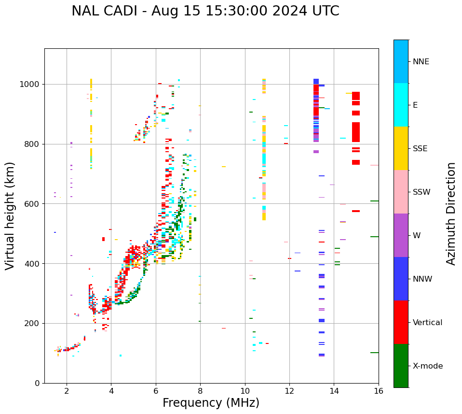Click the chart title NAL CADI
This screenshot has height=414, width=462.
[205, 11]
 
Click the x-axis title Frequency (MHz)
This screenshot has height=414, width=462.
[211, 403]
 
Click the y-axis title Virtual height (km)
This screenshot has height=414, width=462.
[10, 215]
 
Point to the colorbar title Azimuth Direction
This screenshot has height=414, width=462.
[451, 214]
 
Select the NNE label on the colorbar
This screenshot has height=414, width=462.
[421, 62]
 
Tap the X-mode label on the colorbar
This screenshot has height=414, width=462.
[427, 366]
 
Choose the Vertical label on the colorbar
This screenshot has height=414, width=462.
[427, 323]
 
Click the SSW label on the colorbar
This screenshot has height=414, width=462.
[421, 192]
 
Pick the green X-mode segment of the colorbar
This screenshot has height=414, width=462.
[401, 366]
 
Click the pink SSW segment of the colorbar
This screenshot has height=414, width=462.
[401, 192]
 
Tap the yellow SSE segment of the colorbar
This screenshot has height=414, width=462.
[401, 148]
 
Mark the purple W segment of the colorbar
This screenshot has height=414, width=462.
[401, 235]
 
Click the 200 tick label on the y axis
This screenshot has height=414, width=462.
[33, 323]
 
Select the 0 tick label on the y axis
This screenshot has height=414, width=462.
[37, 383]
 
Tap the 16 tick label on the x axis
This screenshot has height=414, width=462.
[379, 391]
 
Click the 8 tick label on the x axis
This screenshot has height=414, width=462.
[200, 391]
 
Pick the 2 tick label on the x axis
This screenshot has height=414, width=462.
[67, 391]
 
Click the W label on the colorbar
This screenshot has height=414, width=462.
[417, 236]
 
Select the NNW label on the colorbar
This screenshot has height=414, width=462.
[422, 279]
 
